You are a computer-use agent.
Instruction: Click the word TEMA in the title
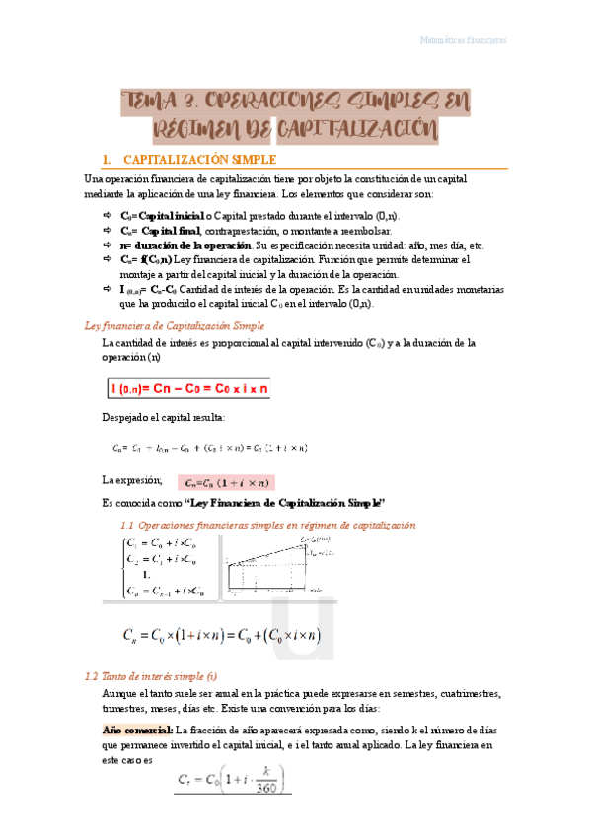148,102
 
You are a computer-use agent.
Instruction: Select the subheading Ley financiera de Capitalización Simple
175,324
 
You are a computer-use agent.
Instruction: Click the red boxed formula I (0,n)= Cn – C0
188,388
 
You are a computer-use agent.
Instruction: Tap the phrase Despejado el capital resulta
163,418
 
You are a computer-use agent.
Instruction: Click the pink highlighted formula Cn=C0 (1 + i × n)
225,482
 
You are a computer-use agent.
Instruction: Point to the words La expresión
131,479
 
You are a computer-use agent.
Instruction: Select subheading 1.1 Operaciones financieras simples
266,525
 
